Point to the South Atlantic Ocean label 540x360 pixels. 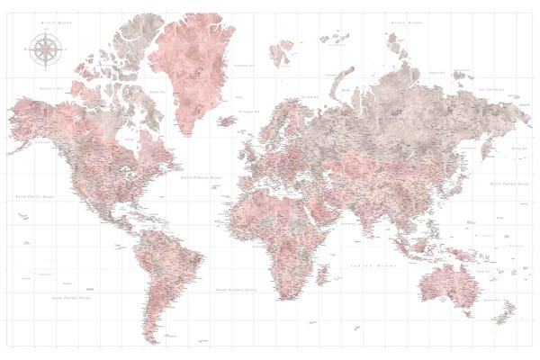pos(235,290)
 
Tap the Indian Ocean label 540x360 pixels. pos(371,266)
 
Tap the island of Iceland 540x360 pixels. pos(227,119)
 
